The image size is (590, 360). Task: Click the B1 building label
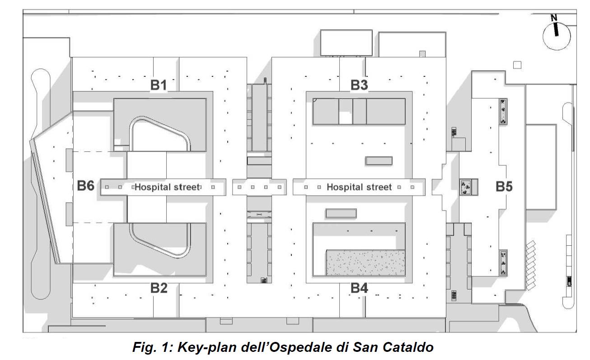coord(159,85)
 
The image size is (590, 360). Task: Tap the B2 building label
coord(159,288)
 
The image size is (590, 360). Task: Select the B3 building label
coord(359,85)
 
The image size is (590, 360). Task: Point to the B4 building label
coord(360,288)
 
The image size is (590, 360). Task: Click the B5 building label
coord(504,186)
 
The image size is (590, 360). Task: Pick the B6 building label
coord(85,186)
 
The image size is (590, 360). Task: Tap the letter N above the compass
coord(554,18)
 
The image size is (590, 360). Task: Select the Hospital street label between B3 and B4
coord(359,187)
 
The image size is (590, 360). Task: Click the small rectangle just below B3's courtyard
coord(379,160)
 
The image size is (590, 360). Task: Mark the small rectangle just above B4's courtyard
coord(341,213)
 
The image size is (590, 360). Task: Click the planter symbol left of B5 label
coord(465,187)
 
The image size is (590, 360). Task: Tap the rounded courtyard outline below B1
coord(160,134)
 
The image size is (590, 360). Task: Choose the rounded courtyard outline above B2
coord(160,239)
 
